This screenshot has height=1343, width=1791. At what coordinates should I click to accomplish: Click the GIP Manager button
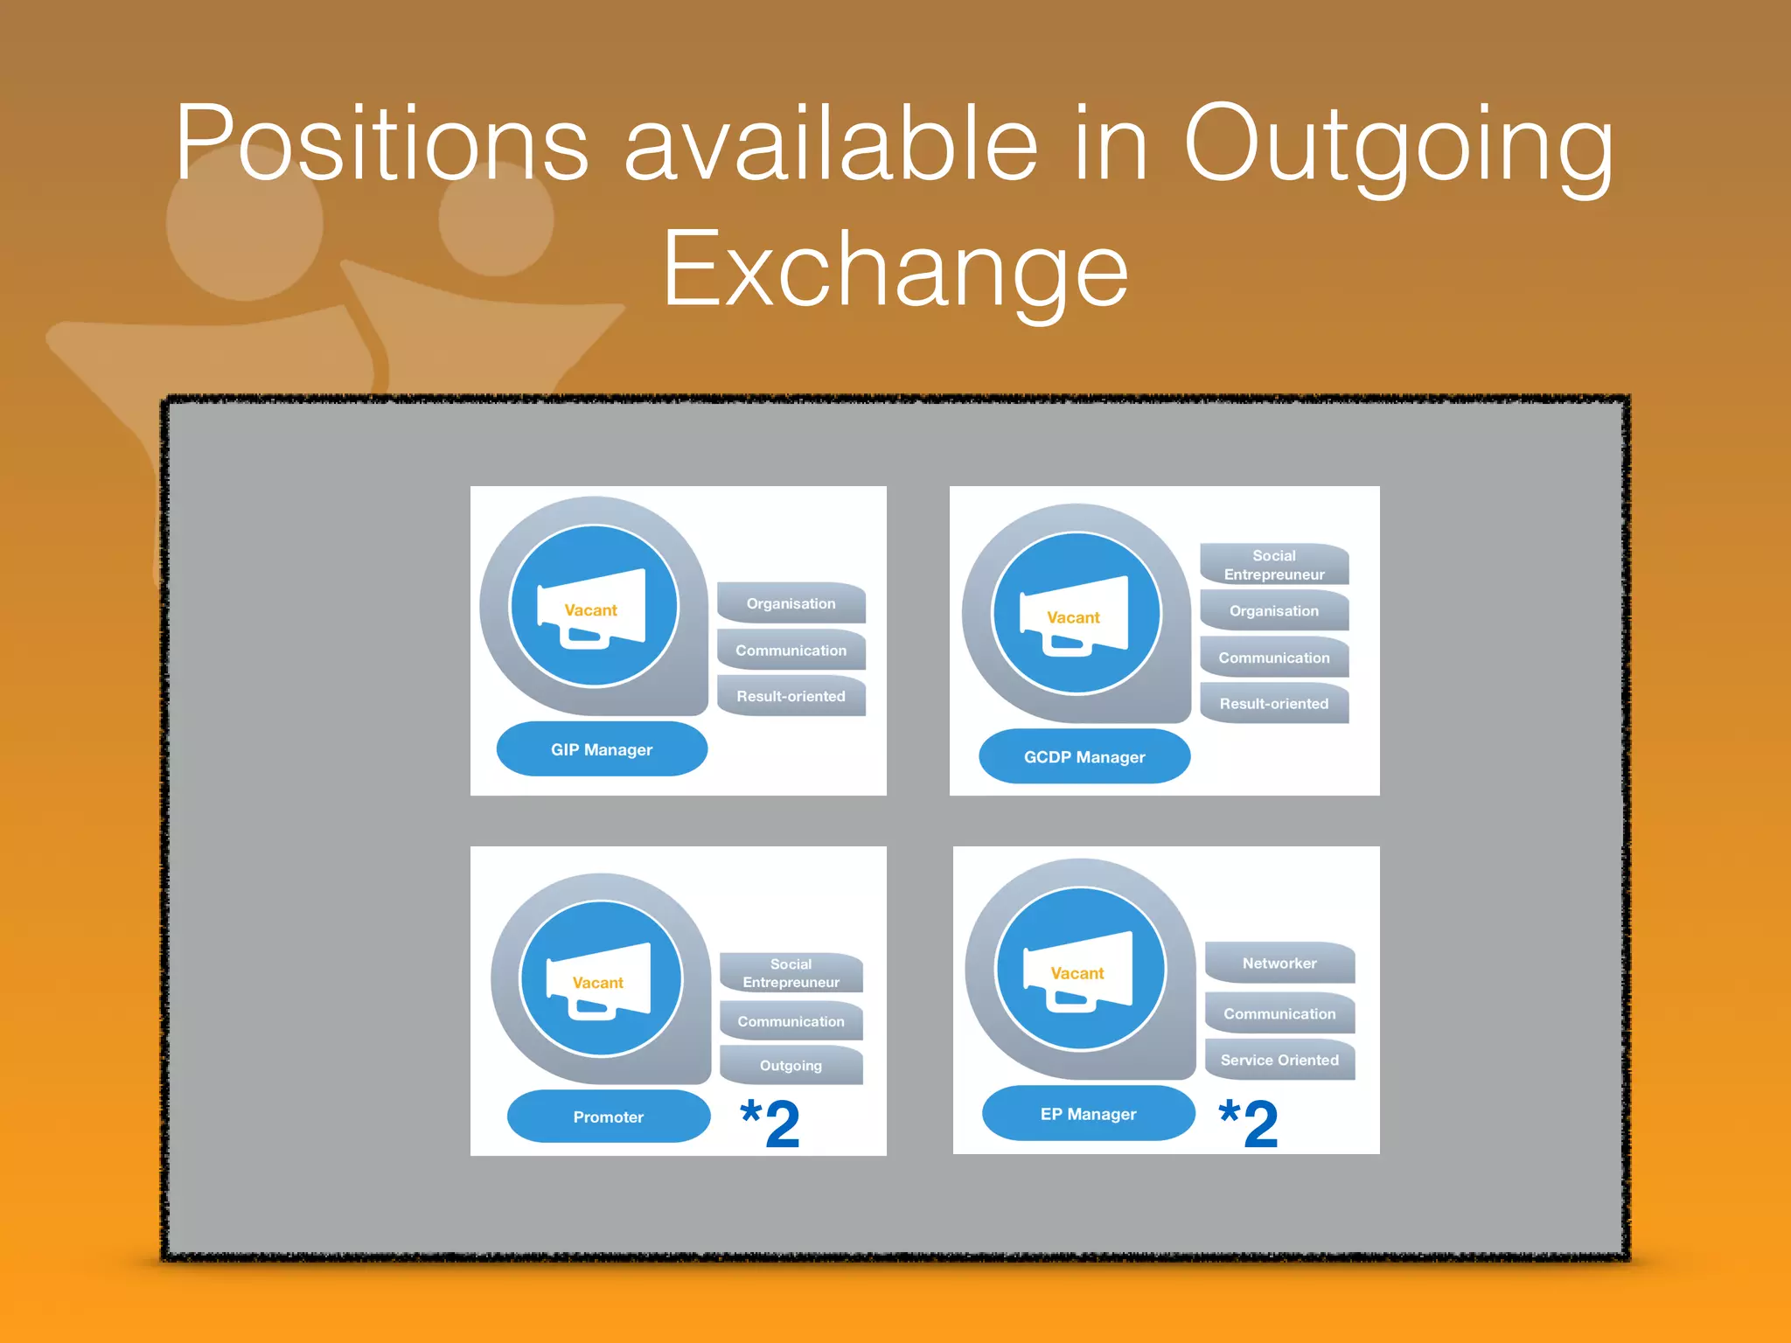pyautogui.click(x=602, y=749)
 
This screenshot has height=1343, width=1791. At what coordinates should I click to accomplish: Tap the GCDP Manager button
pyautogui.click(x=1084, y=757)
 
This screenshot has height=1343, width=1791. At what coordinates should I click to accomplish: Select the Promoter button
pyautogui.click(x=609, y=1117)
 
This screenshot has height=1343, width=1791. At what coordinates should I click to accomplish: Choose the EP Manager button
pyautogui.click(x=1088, y=1114)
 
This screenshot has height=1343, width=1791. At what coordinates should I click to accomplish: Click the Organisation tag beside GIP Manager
pyautogui.click(x=791, y=603)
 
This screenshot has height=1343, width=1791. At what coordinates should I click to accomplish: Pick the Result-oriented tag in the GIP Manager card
pyautogui.click(x=791, y=697)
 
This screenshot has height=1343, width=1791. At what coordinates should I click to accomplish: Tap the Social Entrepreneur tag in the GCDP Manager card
pyautogui.click(x=1274, y=565)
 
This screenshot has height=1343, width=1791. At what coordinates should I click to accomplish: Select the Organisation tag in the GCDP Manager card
pyautogui.click(x=1274, y=611)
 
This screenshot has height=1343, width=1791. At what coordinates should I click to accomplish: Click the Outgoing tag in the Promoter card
pyautogui.click(x=791, y=1066)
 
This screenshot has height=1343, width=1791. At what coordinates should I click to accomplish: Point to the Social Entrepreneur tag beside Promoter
pyautogui.click(x=791, y=973)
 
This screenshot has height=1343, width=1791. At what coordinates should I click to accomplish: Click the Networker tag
pyautogui.click(x=1279, y=964)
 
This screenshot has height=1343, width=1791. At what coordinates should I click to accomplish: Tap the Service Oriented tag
pyautogui.click(x=1279, y=1060)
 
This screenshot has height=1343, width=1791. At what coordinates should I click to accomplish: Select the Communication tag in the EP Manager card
pyautogui.click(x=1279, y=1014)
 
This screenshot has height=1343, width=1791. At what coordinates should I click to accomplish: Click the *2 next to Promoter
pyautogui.click(x=770, y=1123)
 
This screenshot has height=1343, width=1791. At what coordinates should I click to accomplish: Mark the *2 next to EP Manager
pyautogui.click(x=1249, y=1123)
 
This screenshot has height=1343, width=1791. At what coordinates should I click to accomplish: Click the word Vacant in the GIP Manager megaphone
pyautogui.click(x=591, y=610)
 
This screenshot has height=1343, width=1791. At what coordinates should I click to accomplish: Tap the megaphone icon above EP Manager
pyautogui.click(x=1079, y=970)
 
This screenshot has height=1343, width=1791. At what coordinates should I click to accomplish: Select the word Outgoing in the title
pyautogui.click(x=1397, y=144)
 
